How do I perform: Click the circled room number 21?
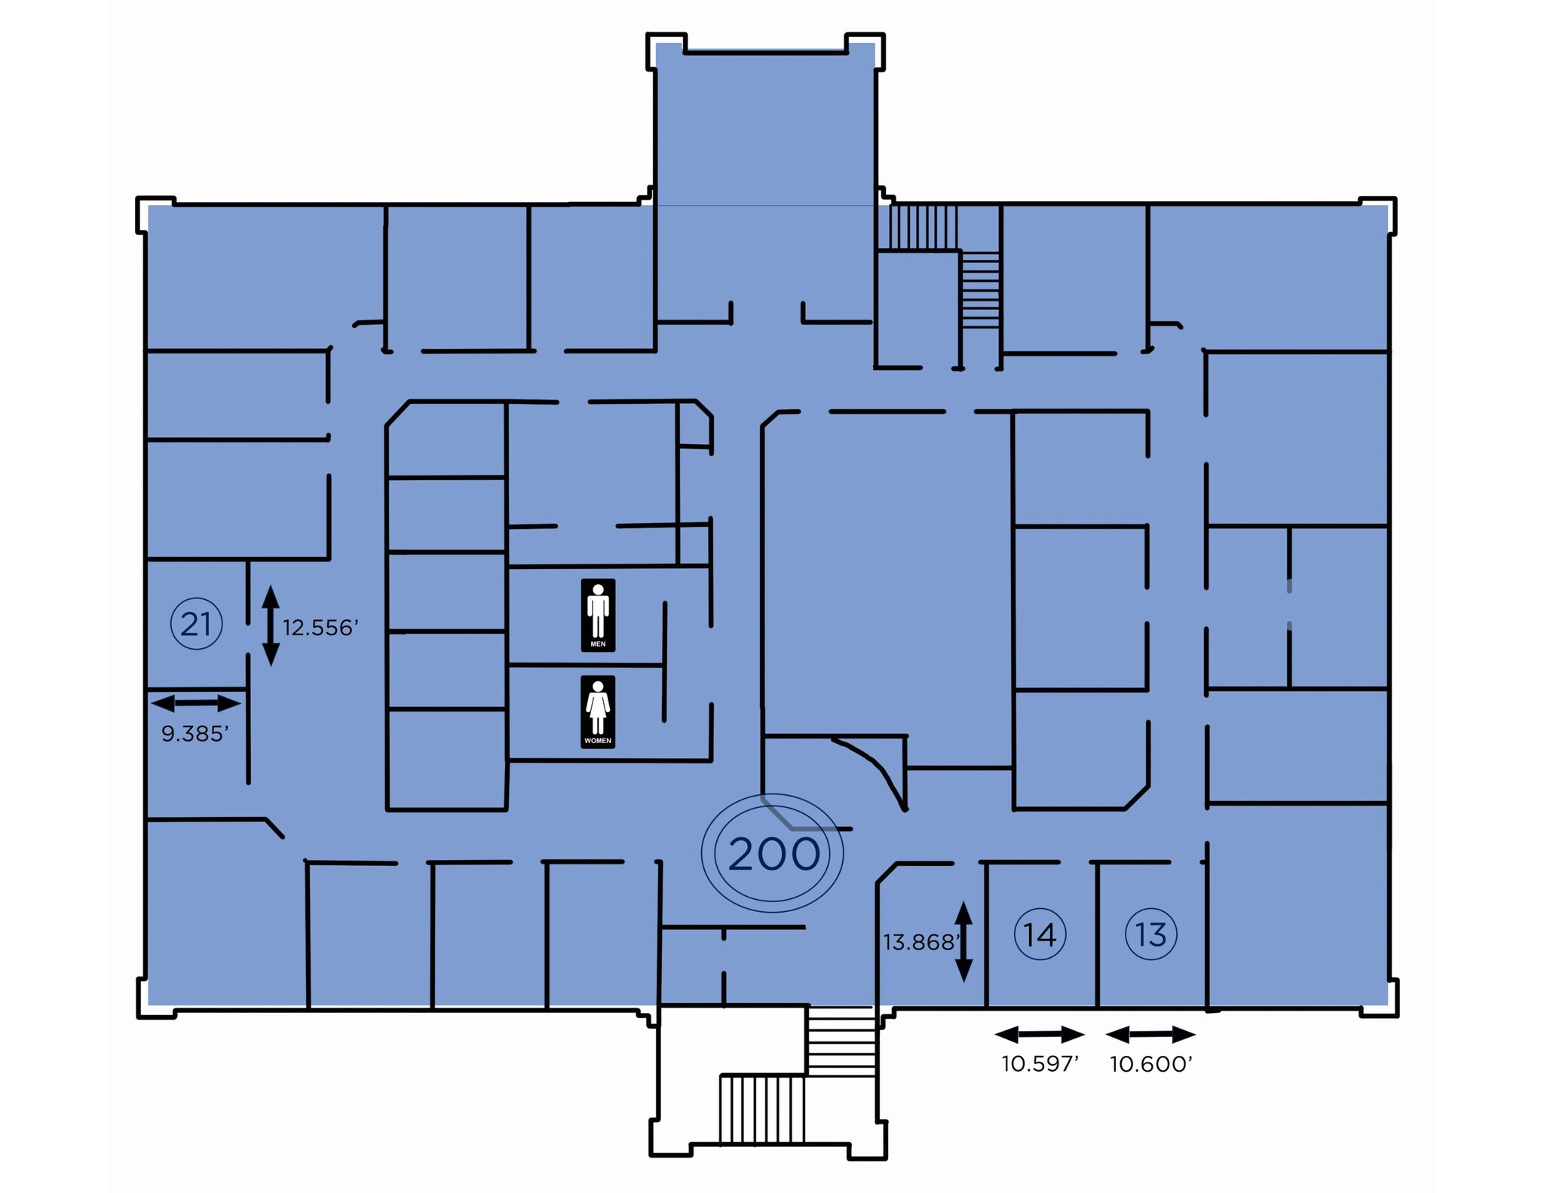[x=196, y=624]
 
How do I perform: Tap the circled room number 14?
[x=1040, y=935]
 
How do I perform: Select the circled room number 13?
[x=1150, y=935]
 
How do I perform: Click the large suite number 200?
[x=774, y=854]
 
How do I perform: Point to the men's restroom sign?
[x=598, y=615]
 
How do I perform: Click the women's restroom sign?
[x=598, y=711]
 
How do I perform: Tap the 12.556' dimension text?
[x=320, y=628]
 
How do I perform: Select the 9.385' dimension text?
[x=195, y=733]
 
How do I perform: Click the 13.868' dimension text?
[x=921, y=942]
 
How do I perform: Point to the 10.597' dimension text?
[x=1040, y=1063]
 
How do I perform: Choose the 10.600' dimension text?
[x=1150, y=1063]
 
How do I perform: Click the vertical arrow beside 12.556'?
[x=271, y=626]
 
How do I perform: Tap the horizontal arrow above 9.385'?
[x=196, y=703]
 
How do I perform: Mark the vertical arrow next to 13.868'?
[x=963, y=941]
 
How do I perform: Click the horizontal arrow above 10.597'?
[x=1040, y=1034]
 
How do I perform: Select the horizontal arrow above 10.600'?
[x=1150, y=1034]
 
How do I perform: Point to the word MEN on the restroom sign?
[x=598, y=644]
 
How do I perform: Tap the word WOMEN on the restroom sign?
[x=598, y=741]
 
